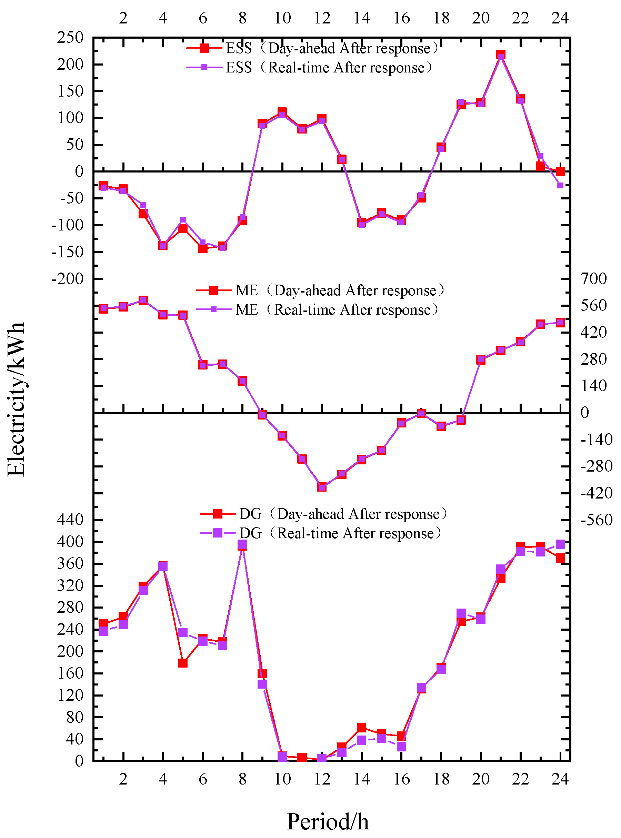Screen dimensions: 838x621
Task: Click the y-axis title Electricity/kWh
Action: click(x=16, y=399)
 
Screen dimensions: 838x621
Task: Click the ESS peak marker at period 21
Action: click(x=500, y=55)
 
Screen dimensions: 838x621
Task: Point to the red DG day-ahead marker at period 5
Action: click(x=183, y=663)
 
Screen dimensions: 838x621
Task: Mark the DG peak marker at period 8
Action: click(x=242, y=545)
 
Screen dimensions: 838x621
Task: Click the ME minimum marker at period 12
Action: click(x=322, y=487)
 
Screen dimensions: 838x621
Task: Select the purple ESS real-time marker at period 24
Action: click(x=560, y=185)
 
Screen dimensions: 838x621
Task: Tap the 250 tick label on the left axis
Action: click(x=70, y=38)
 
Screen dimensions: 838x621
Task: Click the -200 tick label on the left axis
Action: click(x=67, y=279)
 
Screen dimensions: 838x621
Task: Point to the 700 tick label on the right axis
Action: click(x=593, y=279)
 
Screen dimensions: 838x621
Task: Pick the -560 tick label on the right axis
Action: click(x=596, y=520)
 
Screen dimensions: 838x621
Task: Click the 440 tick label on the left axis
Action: click(x=70, y=520)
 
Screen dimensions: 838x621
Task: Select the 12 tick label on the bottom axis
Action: click(x=322, y=779)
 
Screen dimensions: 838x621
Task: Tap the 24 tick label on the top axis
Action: click(x=560, y=18)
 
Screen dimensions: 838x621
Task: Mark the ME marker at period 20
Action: click(x=480, y=360)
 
